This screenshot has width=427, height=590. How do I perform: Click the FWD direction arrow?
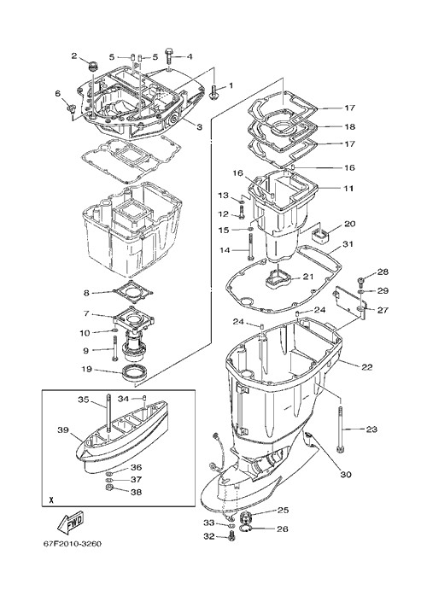[x=70, y=523]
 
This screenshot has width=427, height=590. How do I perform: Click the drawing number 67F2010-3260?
[x=72, y=544]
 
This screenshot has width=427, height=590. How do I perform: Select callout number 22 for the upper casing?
[x=367, y=367]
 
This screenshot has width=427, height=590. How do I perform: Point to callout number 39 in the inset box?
[x=63, y=429]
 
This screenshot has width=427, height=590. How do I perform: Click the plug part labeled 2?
[x=91, y=67]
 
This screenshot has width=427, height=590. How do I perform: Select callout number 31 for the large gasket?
[x=348, y=244]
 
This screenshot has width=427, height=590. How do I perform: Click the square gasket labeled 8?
[x=134, y=293]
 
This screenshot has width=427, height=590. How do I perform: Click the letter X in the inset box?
[x=51, y=500]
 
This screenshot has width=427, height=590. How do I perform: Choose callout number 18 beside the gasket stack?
[x=350, y=126]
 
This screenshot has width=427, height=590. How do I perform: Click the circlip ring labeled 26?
[x=248, y=529]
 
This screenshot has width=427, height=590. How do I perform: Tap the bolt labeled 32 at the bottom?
[x=231, y=536]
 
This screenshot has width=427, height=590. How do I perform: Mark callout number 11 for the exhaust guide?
[x=348, y=188]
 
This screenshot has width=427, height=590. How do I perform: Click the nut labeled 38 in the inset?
[x=110, y=488]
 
